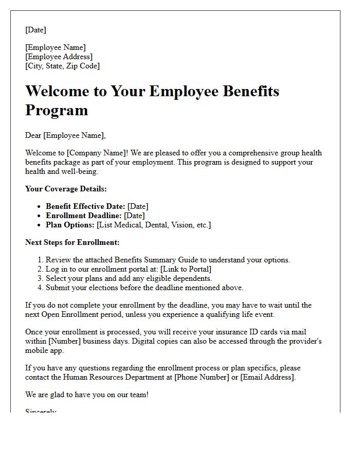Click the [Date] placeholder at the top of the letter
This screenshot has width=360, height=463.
pos(36,30)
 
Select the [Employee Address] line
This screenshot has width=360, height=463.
pos(59,57)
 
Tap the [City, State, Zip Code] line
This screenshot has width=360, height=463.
pos(63,66)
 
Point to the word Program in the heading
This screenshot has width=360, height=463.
pos(57,110)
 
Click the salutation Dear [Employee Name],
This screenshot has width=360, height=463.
pos(65,135)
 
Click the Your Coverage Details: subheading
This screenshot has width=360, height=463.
pos(66,189)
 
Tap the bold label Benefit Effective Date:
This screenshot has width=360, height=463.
pos(85,206)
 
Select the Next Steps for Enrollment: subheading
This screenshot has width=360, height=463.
pos(72,242)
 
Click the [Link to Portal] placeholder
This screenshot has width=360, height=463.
pos(186,269)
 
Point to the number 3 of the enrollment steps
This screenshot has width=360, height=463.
pos(41,278)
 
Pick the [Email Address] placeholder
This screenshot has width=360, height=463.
pos(267,377)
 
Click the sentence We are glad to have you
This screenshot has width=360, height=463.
pos(87,395)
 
